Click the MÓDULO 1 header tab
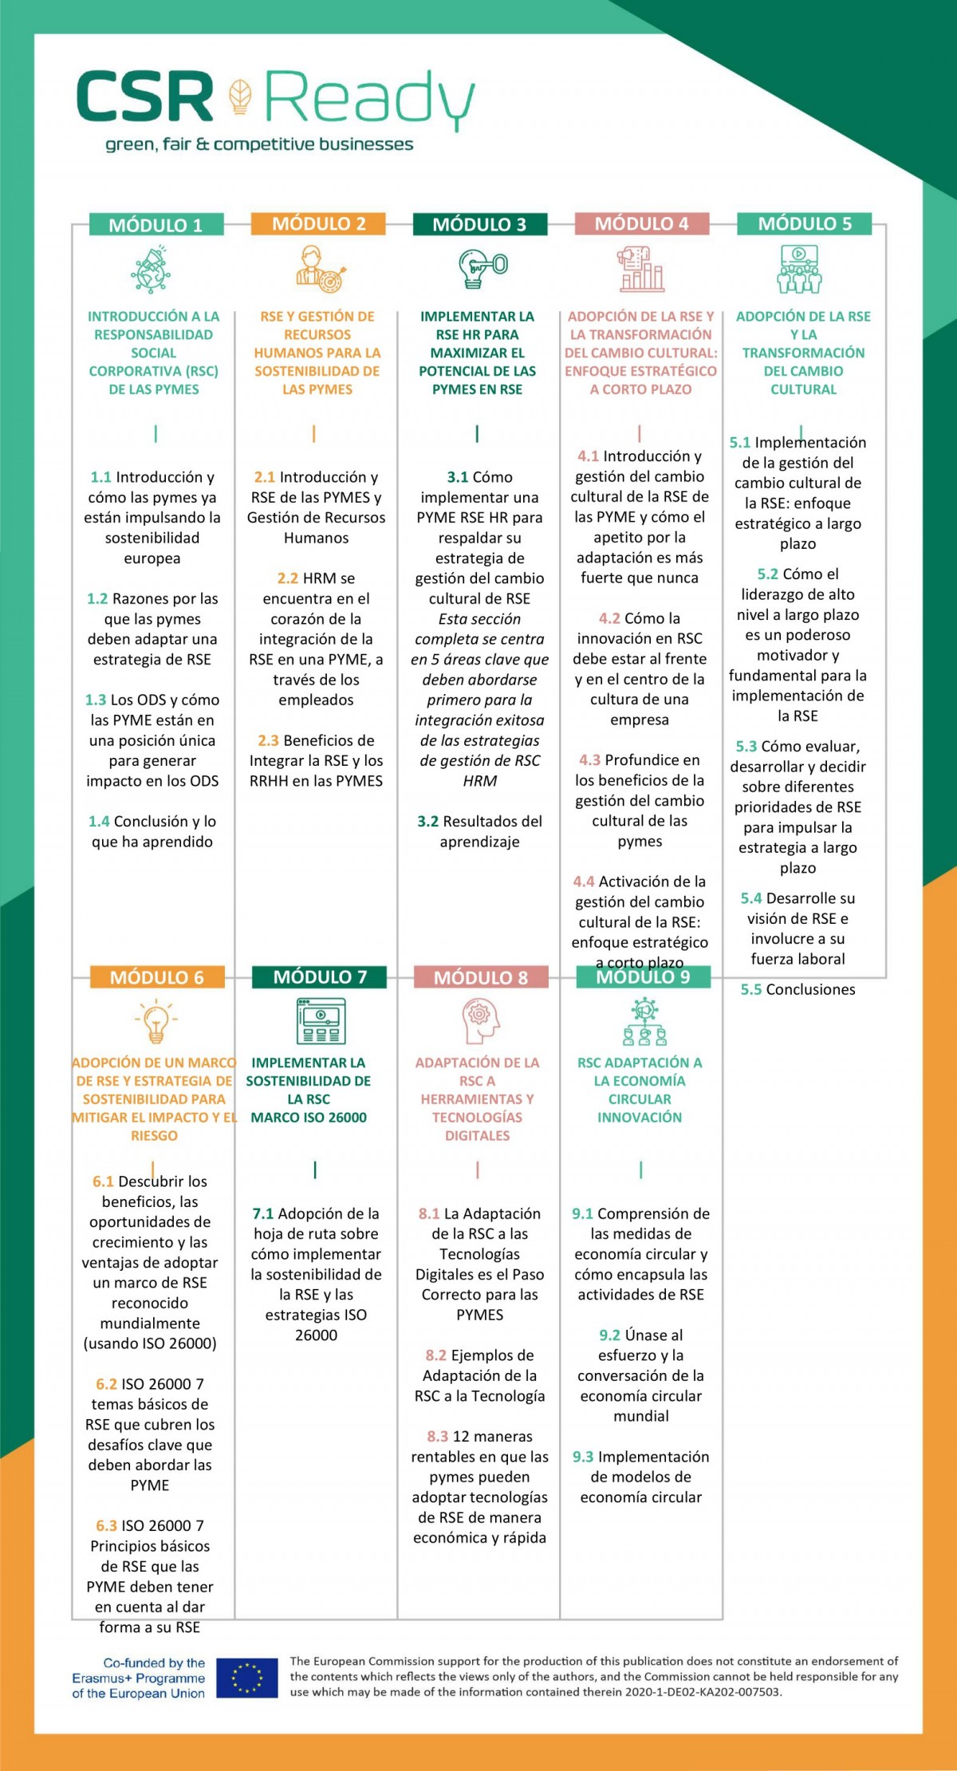point(156,225)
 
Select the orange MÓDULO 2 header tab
point(318,224)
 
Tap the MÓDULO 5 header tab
point(804,224)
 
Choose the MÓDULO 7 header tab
point(319,977)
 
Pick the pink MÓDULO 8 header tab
point(481,978)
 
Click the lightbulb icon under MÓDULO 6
point(156,1023)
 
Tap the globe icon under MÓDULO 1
point(152,270)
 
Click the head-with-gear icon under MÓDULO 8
point(480,1022)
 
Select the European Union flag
point(247,1678)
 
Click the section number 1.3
point(96,700)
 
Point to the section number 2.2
point(288,578)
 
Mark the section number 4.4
point(584,882)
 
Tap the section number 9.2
point(610,1335)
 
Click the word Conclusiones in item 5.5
point(810,990)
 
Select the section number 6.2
point(107,1384)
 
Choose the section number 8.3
point(438,1437)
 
